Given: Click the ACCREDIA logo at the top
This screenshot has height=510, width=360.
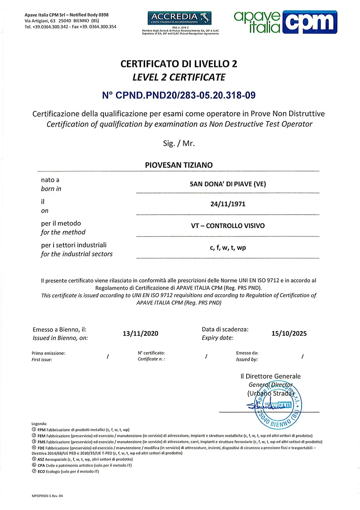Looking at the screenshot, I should [179, 18].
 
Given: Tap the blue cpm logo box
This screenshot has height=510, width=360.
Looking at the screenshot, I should [310, 22].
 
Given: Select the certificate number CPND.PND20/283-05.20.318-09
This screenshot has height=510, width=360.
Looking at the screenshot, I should [179, 95].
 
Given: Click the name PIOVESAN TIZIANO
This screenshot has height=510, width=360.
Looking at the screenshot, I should [179, 165].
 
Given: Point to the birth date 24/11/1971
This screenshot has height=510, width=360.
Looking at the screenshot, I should [228, 204].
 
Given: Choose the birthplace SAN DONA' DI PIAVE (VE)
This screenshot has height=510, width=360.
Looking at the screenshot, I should [228, 184].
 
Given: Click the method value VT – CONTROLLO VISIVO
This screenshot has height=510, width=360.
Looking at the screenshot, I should [228, 226].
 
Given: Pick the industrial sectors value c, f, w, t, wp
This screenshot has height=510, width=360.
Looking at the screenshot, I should [228, 248].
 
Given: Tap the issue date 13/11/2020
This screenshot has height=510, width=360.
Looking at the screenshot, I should [140, 334].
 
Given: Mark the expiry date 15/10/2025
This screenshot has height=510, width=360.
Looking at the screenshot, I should [289, 334].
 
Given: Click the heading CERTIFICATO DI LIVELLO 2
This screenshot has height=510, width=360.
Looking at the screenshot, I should [179, 64].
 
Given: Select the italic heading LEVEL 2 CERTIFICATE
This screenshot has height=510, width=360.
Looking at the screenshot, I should [179, 77].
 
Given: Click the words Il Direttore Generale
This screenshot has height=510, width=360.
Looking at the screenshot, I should [270, 376].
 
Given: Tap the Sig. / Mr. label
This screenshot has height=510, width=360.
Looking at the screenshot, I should [179, 143].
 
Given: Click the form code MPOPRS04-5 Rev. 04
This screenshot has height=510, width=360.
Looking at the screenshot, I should [47, 496].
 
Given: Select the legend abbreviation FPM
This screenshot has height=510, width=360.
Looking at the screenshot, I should [41, 430].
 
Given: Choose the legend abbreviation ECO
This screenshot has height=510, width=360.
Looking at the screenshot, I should [41, 471].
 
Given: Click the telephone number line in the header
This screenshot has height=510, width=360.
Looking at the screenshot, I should [71, 27].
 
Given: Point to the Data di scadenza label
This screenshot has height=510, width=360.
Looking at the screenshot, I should [225, 330].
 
